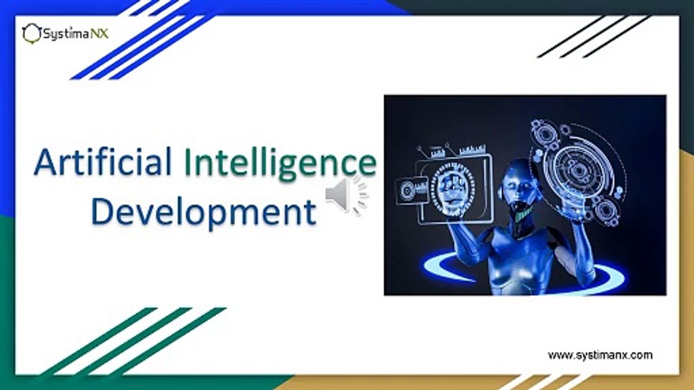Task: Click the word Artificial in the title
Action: point(102,162)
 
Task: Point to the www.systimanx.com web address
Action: point(600,355)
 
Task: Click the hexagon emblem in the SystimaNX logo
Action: point(31,34)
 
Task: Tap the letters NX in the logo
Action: point(100,34)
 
